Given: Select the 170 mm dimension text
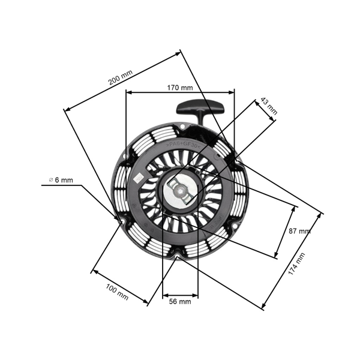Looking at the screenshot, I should click(x=179, y=88).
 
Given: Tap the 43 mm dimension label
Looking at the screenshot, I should click(x=269, y=106).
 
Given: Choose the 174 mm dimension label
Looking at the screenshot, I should click(x=296, y=264).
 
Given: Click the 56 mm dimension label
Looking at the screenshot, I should click(x=179, y=302).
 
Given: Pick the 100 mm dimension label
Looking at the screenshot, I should click(x=117, y=292).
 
